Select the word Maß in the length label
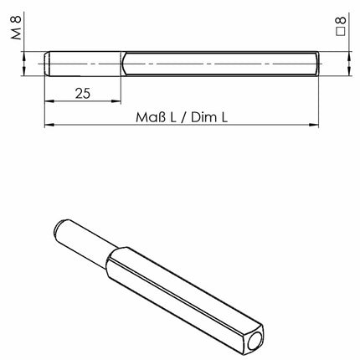150,119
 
